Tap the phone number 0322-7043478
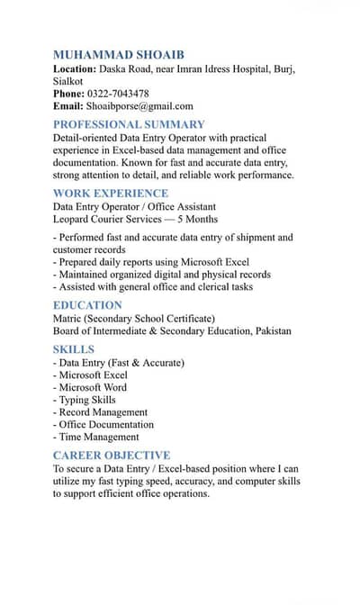tap(118, 94)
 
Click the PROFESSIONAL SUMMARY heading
tap(129, 124)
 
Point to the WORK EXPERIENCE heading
tap(111, 193)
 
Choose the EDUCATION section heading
tap(87, 305)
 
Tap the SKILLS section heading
tap(74, 348)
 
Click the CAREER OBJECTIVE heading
tap(112, 456)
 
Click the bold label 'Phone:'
tap(68, 94)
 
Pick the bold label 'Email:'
tap(67, 106)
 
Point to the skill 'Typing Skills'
tap(86, 400)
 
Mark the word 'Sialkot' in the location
tap(68, 81)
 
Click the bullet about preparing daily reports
tap(154, 262)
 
